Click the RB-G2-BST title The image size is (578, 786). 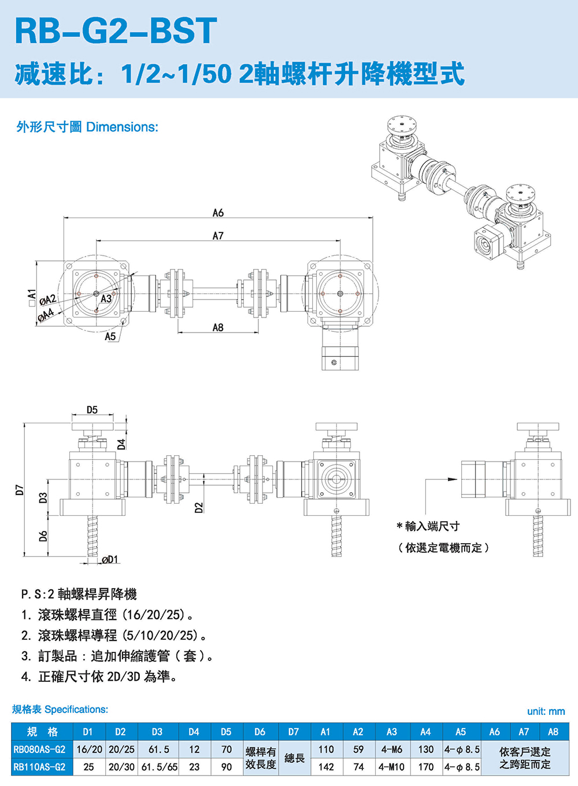[x=116, y=31]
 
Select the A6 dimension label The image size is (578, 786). [x=218, y=213]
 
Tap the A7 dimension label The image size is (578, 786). [x=218, y=236]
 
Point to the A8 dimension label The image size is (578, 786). [x=218, y=327]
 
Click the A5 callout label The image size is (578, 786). [x=110, y=336]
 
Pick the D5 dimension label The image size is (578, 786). [x=92, y=409]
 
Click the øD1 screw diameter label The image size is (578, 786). [x=109, y=559]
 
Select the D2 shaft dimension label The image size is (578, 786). [x=199, y=508]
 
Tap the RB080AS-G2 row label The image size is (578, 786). [x=40, y=750]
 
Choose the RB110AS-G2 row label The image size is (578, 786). [x=40, y=767]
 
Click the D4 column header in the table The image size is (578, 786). [x=194, y=732]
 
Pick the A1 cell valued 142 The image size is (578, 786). [x=326, y=767]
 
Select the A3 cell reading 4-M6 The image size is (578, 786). [x=391, y=750]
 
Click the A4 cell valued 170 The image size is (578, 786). [x=425, y=767]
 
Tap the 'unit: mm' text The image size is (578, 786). [x=546, y=711]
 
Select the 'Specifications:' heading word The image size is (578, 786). [x=76, y=710]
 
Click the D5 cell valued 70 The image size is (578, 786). [x=227, y=750]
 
